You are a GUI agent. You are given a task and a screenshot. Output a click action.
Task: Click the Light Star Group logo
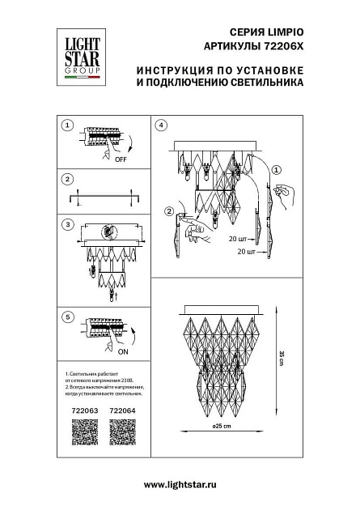[76, 49]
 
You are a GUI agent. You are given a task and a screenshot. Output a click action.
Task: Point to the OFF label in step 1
[121, 161]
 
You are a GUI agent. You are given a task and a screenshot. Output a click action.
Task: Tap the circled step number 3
[69, 224]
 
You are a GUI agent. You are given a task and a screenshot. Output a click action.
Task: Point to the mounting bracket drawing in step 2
[102, 195]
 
